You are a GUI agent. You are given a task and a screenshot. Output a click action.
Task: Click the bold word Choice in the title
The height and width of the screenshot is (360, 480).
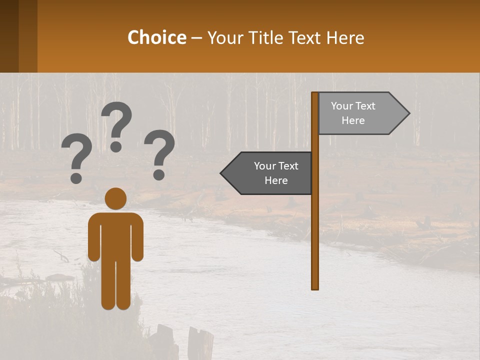pyautogui.click(x=156, y=37)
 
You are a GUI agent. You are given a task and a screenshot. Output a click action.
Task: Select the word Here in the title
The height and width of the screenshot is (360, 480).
pyautogui.click(x=345, y=37)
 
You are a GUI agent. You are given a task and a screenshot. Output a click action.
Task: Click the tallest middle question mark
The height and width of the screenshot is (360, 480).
pyautogui.click(x=117, y=125)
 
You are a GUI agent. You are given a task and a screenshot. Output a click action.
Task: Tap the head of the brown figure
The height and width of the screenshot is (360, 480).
pyautogui.click(x=115, y=198)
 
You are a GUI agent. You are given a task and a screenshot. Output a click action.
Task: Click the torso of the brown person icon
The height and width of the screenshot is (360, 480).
pyautogui.click(x=115, y=232)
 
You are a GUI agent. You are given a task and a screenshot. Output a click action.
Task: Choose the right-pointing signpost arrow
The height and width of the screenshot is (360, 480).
pyautogui.click(x=360, y=113)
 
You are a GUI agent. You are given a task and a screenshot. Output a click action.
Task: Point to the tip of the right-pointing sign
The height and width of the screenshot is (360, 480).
pyautogui.click(x=408, y=113)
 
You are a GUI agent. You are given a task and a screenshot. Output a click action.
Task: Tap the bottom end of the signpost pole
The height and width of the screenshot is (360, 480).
pyautogui.click(x=315, y=287)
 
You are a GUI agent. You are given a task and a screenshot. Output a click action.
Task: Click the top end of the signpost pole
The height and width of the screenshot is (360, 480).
pyautogui.click(x=315, y=94)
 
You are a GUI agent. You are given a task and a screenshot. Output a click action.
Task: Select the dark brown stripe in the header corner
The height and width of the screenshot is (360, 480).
pyautogui.click(x=9, y=36)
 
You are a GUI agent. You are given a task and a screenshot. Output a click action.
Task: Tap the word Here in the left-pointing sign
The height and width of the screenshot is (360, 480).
pyautogui.click(x=276, y=180)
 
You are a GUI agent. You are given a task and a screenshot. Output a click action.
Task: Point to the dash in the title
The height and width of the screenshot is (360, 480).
pyautogui.click(x=196, y=38)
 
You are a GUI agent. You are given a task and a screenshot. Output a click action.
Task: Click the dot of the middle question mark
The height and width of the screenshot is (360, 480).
pyautogui.click(x=116, y=146)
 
